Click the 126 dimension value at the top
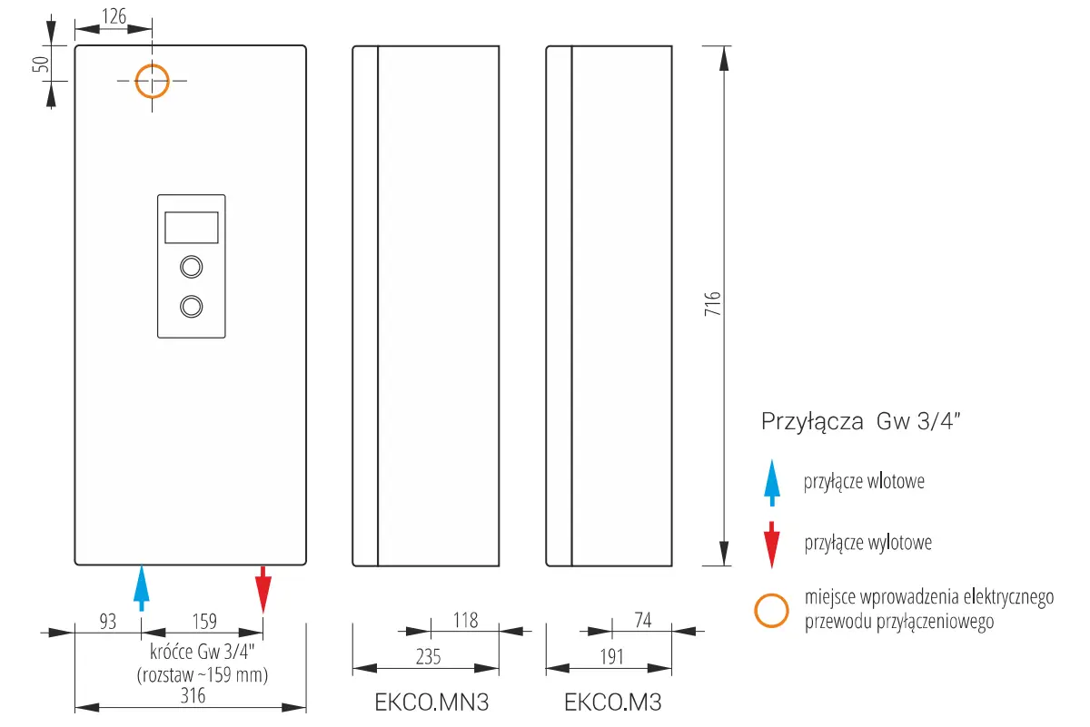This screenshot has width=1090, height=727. (114, 16)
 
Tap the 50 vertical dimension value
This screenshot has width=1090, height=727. (41, 64)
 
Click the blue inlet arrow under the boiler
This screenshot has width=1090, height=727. (142, 587)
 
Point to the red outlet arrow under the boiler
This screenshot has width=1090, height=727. (263, 589)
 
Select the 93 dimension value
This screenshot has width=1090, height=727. (108, 622)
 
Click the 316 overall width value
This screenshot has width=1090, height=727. (193, 696)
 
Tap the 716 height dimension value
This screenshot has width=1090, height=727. (713, 304)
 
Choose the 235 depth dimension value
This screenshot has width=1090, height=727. (428, 657)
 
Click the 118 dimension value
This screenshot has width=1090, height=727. (466, 621)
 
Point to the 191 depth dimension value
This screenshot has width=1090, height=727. (611, 657)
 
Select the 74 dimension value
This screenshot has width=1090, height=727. (643, 620)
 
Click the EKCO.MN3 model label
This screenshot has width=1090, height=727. (431, 702)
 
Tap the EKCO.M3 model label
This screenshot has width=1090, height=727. (612, 702)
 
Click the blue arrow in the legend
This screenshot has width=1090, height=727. (772, 483)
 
